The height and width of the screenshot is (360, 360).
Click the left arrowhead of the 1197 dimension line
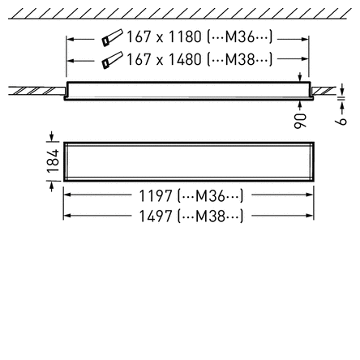point(68,195)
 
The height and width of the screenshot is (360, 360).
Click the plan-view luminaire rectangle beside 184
point(188,161)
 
